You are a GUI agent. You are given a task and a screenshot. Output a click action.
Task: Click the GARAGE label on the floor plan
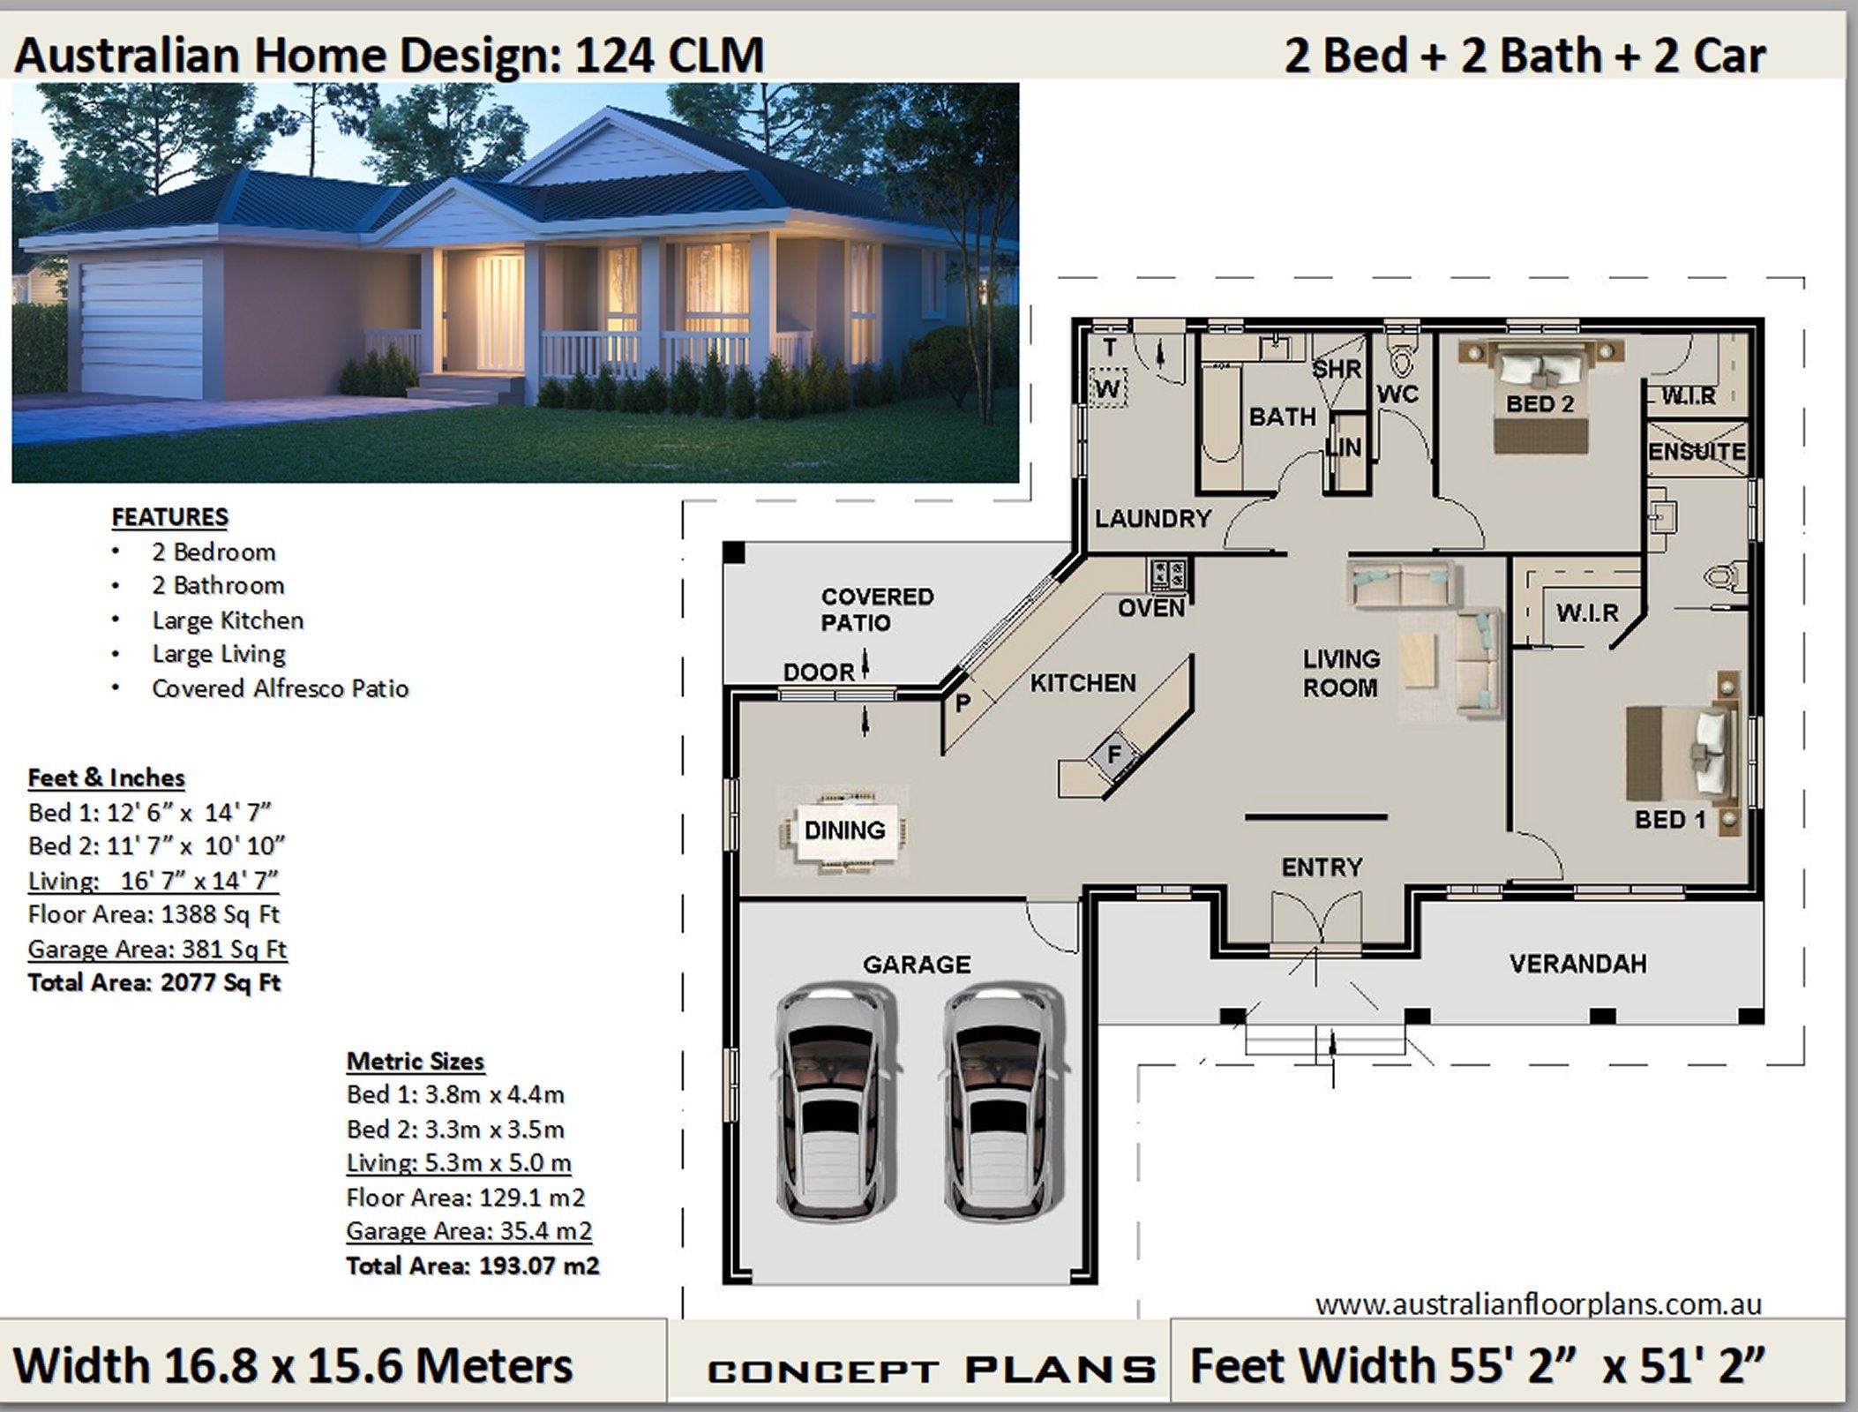(916, 965)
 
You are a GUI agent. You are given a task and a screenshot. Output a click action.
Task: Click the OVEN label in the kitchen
(1151, 608)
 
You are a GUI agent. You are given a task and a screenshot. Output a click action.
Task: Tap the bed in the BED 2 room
(1541, 397)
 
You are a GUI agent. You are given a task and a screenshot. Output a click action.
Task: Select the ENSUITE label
(1697, 452)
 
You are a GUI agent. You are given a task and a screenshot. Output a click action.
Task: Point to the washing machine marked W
(1108, 387)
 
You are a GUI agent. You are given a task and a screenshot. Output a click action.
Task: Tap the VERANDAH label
(1577, 964)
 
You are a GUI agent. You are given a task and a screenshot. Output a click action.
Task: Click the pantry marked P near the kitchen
(963, 702)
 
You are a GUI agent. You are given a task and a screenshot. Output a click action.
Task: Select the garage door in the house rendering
(141, 327)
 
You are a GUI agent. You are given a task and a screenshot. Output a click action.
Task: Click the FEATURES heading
(169, 517)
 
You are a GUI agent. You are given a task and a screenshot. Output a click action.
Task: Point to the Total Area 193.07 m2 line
(472, 1266)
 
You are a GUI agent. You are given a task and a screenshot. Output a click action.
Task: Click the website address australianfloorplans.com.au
(1538, 1304)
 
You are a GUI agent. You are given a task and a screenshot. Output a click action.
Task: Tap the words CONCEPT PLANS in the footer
(931, 1371)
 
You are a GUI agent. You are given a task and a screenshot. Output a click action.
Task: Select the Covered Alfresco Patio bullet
(280, 688)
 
